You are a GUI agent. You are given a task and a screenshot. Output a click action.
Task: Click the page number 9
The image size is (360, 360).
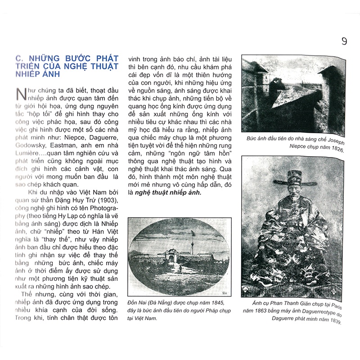[344, 42]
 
